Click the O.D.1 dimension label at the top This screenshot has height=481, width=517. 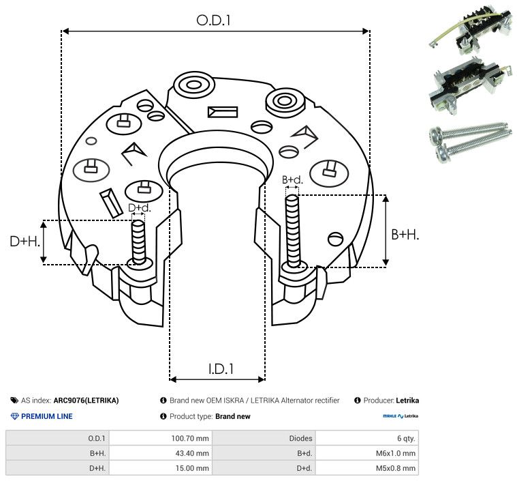click(x=214, y=20)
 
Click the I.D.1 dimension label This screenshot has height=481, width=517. click(x=221, y=369)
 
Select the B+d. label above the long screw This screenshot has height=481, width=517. click(x=293, y=179)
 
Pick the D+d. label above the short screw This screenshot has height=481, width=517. click(x=138, y=207)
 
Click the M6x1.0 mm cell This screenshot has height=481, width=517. click(x=395, y=453)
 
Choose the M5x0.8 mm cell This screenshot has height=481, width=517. click(x=395, y=468)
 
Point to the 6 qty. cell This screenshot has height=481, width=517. click(x=404, y=438)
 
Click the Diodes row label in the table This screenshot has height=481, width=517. click(x=300, y=438)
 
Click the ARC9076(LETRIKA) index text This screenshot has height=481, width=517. click(x=86, y=400)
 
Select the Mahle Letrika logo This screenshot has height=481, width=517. click(x=401, y=416)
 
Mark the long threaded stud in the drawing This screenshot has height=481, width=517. click(x=294, y=232)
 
